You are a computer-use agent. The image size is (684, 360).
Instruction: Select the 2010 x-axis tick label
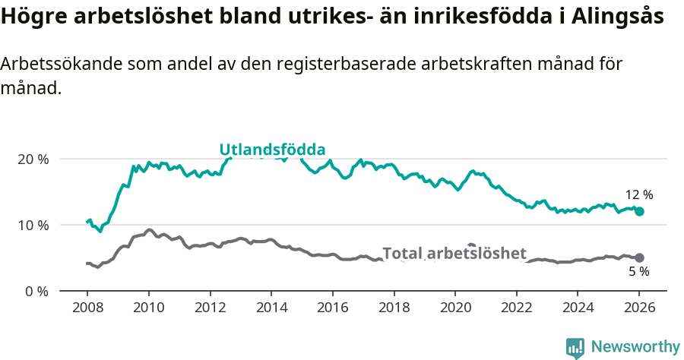pyautogui.click(x=148, y=309)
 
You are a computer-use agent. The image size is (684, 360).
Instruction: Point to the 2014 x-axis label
pyautogui.click(x=271, y=309)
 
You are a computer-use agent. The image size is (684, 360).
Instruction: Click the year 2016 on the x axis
pyautogui.click(x=332, y=309)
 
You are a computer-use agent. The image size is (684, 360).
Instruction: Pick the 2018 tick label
pyautogui.click(x=394, y=309)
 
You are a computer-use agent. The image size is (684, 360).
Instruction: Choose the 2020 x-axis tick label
pyautogui.click(x=455, y=309)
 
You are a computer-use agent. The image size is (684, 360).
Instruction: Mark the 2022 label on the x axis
pyautogui.click(x=517, y=309)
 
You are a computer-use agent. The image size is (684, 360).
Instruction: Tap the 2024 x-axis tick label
pyautogui.click(x=578, y=309)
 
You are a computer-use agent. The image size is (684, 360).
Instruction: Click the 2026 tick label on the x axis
pyautogui.click(x=639, y=309)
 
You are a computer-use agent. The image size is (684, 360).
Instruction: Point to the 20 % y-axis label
pyautogui.click(x=32, y=159)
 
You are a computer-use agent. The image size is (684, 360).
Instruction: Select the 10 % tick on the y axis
pyautogui.click(x=32, y=225)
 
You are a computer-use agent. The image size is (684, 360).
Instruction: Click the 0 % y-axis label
pyautogui.click(x=36, y=291)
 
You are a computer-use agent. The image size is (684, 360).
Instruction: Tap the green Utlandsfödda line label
pyautogui.click(x=272, y=149)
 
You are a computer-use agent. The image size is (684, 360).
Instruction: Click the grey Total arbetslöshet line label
pyautogui.click(x=454, y=253)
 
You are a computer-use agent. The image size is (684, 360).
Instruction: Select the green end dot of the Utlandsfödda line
pyautogui.click(x=639, y=211)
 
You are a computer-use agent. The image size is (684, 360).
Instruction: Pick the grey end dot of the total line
pyautogui.click(x=639, y=257)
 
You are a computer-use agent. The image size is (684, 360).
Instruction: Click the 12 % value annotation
pyautogui.click(x=639, y=194)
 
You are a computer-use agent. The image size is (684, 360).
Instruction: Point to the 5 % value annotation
pyautogui.click(x=639, y=272)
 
